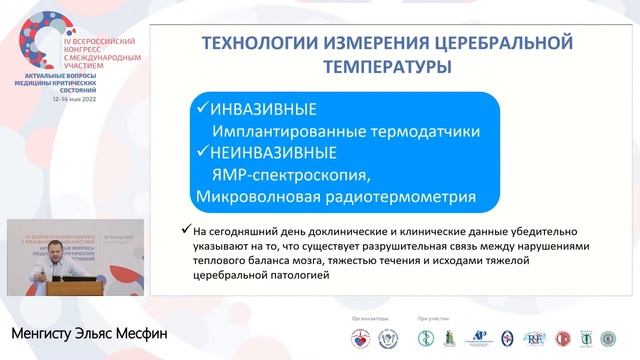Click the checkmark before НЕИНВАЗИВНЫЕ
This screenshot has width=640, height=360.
(x=201, y=153)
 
